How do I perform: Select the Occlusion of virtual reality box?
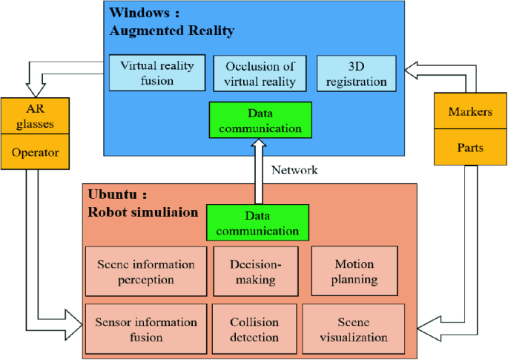coord(260,73)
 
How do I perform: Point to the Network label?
coord(294,170)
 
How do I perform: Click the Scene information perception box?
coord(145,272)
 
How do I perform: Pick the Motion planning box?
coord(354,272)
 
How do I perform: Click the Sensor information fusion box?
coord(145,329)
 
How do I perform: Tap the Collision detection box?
coord(254,329)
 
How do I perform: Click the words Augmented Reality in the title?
coord(172,30)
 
